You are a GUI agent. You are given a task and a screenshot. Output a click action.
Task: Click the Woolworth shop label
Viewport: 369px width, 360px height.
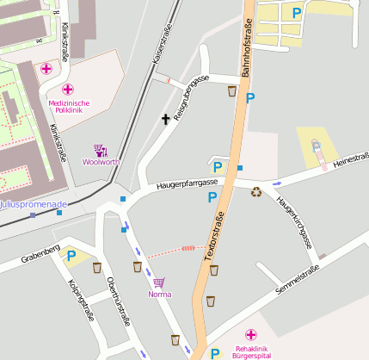(101, 162)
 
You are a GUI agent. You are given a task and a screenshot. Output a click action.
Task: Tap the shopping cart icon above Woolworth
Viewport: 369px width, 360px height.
(101, 151)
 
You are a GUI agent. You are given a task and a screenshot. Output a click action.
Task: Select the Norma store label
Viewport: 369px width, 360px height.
(159, 294)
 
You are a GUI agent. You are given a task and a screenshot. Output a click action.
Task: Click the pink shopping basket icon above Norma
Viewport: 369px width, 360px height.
(158, 282)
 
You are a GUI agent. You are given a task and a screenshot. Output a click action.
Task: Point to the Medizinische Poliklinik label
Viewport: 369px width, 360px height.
(69, 106)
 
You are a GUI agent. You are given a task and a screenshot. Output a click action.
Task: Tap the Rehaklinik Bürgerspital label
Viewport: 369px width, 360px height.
(252, 351)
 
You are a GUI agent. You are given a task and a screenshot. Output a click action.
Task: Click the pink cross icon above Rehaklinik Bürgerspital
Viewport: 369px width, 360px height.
(250, 335)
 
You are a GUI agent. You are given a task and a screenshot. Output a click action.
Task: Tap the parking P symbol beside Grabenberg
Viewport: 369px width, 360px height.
(71, 255)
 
